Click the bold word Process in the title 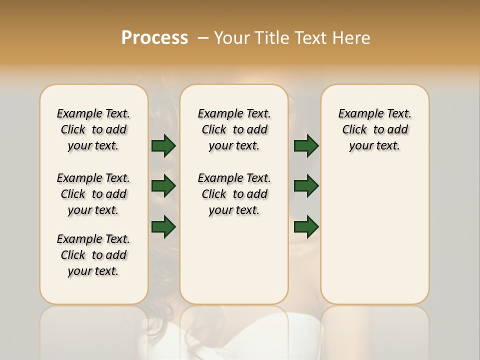point(154,38)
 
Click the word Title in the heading point(273,38)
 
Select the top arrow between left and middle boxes point(163,146)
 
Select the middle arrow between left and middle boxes point(163,186)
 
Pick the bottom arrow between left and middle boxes point(163,226)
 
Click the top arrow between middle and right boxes point(306,146)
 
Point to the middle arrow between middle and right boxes point(306,186)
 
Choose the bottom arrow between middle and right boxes point(306,226)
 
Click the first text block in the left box point(93,129)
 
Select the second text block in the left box point(93,194)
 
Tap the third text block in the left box point(93,255)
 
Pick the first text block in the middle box point(234,129)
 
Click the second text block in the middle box point(234,194)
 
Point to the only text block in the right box point(374,129)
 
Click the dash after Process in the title point(202,38)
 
